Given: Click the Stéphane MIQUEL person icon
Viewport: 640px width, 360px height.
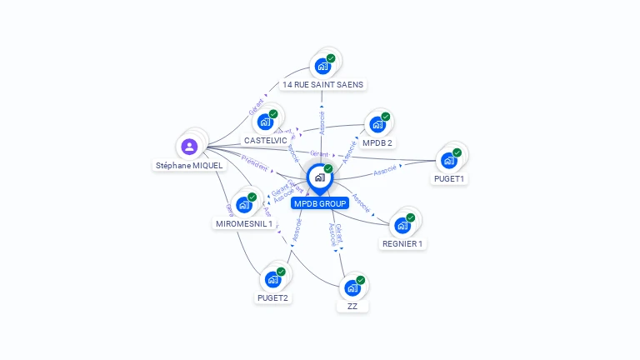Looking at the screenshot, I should click(190, 147).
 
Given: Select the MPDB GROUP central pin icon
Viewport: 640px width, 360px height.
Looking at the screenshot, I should click(319, 177).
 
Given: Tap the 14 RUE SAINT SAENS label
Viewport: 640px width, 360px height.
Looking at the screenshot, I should click(323, 84).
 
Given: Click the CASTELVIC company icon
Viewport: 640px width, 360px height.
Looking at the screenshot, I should click(266, 122).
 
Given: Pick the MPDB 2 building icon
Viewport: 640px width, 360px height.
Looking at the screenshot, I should click(377, 125).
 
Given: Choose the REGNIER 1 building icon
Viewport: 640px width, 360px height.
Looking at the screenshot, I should click(402, 225).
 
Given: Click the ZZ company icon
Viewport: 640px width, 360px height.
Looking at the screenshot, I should click(352, 288).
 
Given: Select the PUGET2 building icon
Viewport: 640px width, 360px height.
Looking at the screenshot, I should click(272, 279).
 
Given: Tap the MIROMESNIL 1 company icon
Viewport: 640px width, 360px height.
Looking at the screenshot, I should click(244, 205).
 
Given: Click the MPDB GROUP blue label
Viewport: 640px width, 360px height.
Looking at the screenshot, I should click(320, 203).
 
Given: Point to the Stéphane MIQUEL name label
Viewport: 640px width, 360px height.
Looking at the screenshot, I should click(189, 165).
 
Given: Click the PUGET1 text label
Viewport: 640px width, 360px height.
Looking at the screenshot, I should click(449, 179).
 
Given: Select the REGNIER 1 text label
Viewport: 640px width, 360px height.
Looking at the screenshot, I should click(402, 243).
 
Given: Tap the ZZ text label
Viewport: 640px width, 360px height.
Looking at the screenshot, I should click(352, 307).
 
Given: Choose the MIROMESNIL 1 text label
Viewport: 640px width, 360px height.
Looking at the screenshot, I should click(244, 223).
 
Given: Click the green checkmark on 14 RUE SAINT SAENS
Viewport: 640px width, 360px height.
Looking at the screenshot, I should click(331, 58).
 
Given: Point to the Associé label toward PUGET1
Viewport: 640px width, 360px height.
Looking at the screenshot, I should click(385, 171).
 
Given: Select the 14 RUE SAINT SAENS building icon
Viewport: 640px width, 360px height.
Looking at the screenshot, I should click(322, 66).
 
